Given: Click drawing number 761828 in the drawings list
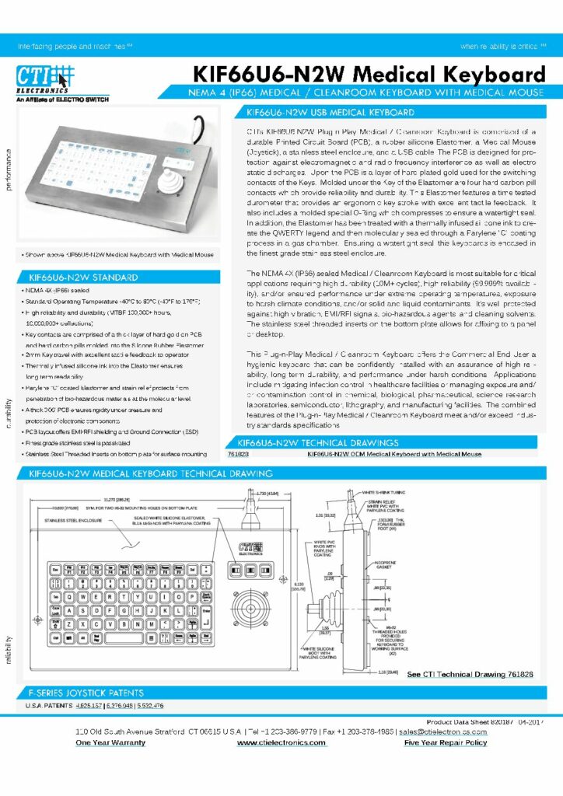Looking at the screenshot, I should (238, 454).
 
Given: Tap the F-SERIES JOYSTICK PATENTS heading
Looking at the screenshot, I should (86, 693).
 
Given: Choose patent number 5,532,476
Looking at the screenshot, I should (148, 705).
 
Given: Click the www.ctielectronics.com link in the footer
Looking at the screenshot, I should (281, 742).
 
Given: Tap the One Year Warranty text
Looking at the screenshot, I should (110, 742).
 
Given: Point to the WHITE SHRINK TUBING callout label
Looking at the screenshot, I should (385, 493).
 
